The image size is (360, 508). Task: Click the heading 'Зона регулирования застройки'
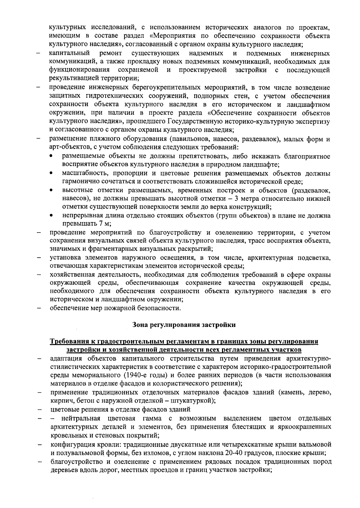pyautogui.click(x=184, y=325)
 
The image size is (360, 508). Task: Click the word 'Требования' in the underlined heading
pyautogui.click(x=68, y=342)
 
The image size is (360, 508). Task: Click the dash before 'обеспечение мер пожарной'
pyautogui.click(x=39, y=308)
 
